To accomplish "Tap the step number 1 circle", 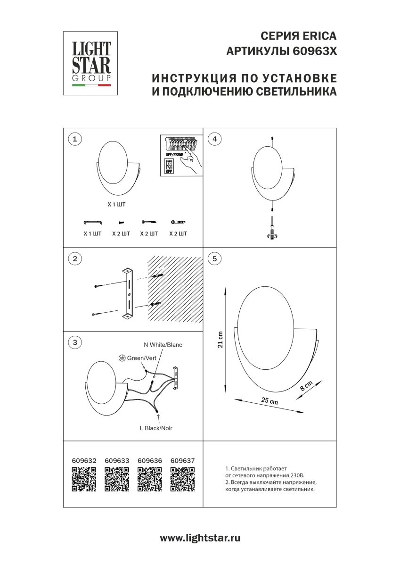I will click(75, 139).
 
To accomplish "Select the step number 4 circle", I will click(215, 139).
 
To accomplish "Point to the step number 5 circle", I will click(215, 258).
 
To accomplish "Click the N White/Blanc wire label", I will click(163, 345).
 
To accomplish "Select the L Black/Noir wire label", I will click(159, 428).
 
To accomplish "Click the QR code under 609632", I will click(84, 479).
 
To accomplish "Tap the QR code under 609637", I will click(182, 479).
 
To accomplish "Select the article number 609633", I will click(117, 460).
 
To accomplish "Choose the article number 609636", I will click(149, 460).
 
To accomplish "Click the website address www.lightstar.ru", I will click(200, 538).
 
